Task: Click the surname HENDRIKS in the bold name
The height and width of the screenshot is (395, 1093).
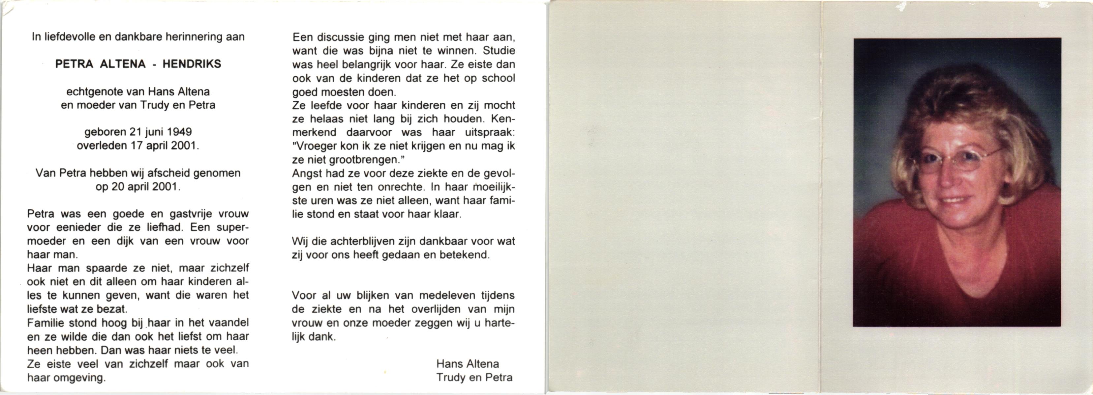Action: [192, 64]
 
